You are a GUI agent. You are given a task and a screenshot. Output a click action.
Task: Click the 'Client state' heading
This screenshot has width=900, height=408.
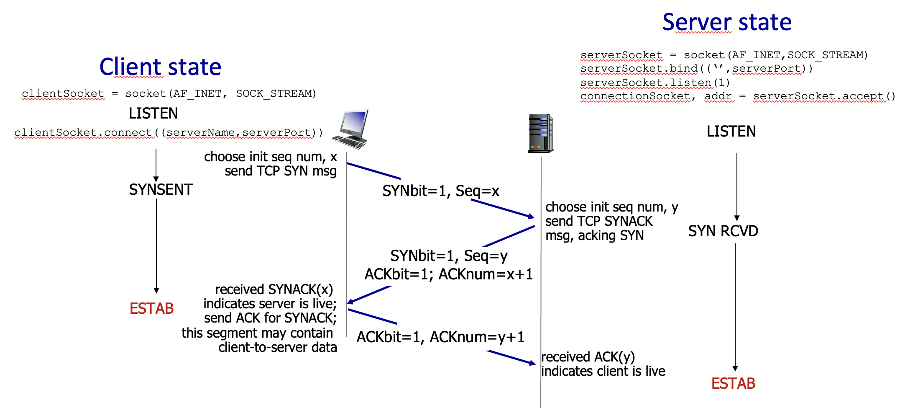pyautogui.click(x=160, y=67)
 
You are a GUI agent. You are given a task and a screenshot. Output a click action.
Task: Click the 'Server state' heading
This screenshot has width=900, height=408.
pyautogui.click(x=727, y=22)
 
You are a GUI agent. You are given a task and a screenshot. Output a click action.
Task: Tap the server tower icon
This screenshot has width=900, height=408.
pyautogui.click(x=540, y=133)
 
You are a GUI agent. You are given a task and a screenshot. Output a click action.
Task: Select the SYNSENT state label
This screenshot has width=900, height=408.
pyautogui.click(x=161, y=190)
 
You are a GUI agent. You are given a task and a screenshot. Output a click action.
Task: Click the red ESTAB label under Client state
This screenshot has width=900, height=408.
pyautogui.click(x=151, y=309)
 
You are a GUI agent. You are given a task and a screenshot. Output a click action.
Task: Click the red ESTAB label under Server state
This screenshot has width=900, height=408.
pyautogui.click(x=733, y=384)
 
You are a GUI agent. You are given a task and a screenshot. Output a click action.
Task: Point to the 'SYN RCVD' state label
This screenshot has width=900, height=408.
pyautogui.click(x=723, y=231)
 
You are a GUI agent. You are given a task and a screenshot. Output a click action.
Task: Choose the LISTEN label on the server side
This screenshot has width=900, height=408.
pyautogui.click(x=731, y=132)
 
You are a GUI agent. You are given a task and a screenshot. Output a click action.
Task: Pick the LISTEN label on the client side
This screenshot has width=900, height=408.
pyautogui.click(x=153, y=114)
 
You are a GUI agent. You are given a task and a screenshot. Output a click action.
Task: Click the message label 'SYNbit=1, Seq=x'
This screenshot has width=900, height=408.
pyautogui.click(x=441, y=191)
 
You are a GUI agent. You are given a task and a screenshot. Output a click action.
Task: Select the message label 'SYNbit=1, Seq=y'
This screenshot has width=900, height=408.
pyautogui.click(x=449, y=256)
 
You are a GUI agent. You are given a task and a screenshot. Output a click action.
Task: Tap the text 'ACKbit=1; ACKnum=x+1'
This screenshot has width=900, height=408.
pyautogui.click(x=449, y=274)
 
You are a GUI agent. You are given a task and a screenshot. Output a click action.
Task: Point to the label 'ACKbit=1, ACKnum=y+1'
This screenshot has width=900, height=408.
pyautogui.click(x=440, y=337)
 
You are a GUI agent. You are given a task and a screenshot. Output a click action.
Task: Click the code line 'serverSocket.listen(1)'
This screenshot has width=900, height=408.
pyautogui.click(x=655, y=83)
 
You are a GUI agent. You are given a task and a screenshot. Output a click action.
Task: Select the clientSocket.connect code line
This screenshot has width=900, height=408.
pyautogui.click(x=169, y=133)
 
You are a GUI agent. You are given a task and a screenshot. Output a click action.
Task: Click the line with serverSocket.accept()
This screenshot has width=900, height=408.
pyautogui.click(x=737, y=96)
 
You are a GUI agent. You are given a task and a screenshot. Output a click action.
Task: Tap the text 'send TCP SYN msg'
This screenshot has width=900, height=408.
pyautogui.click(x=281, y=171)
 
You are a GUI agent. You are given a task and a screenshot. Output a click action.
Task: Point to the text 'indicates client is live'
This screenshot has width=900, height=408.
pyautogui.click(x=603, y=372)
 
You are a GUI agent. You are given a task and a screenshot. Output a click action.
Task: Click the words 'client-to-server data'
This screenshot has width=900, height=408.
pyautogui.click(x=277, y=348)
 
